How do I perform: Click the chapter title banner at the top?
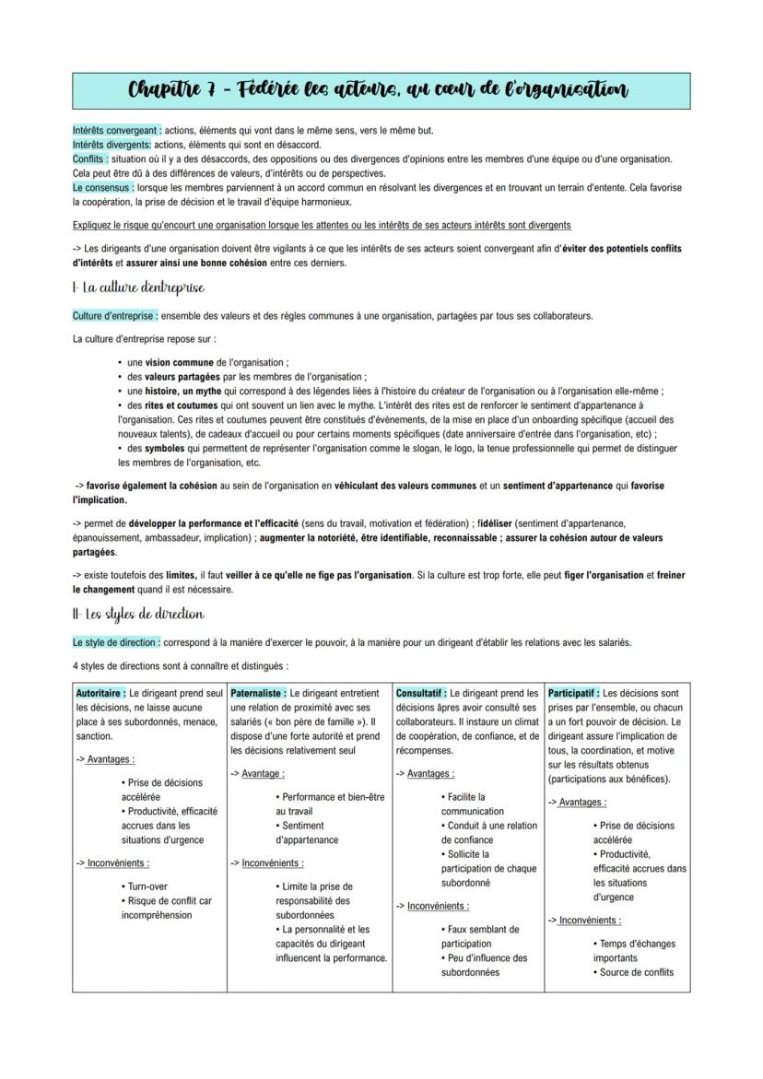click(x=381, y=90)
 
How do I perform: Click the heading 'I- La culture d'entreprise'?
click(x=138, y=288)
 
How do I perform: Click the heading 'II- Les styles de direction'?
click(x=138, y=614)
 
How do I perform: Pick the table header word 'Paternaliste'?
click(x=257, y=693)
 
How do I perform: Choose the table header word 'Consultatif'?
click(x=420, y=693)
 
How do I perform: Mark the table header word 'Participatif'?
click(x=572, y=693)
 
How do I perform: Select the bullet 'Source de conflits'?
click(x=636, y=972)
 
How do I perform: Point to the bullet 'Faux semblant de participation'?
click(x=479, y=936)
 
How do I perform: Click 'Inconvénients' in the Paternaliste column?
click(x=272, y=863)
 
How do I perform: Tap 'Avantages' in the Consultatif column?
click(x=430, y=774)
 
